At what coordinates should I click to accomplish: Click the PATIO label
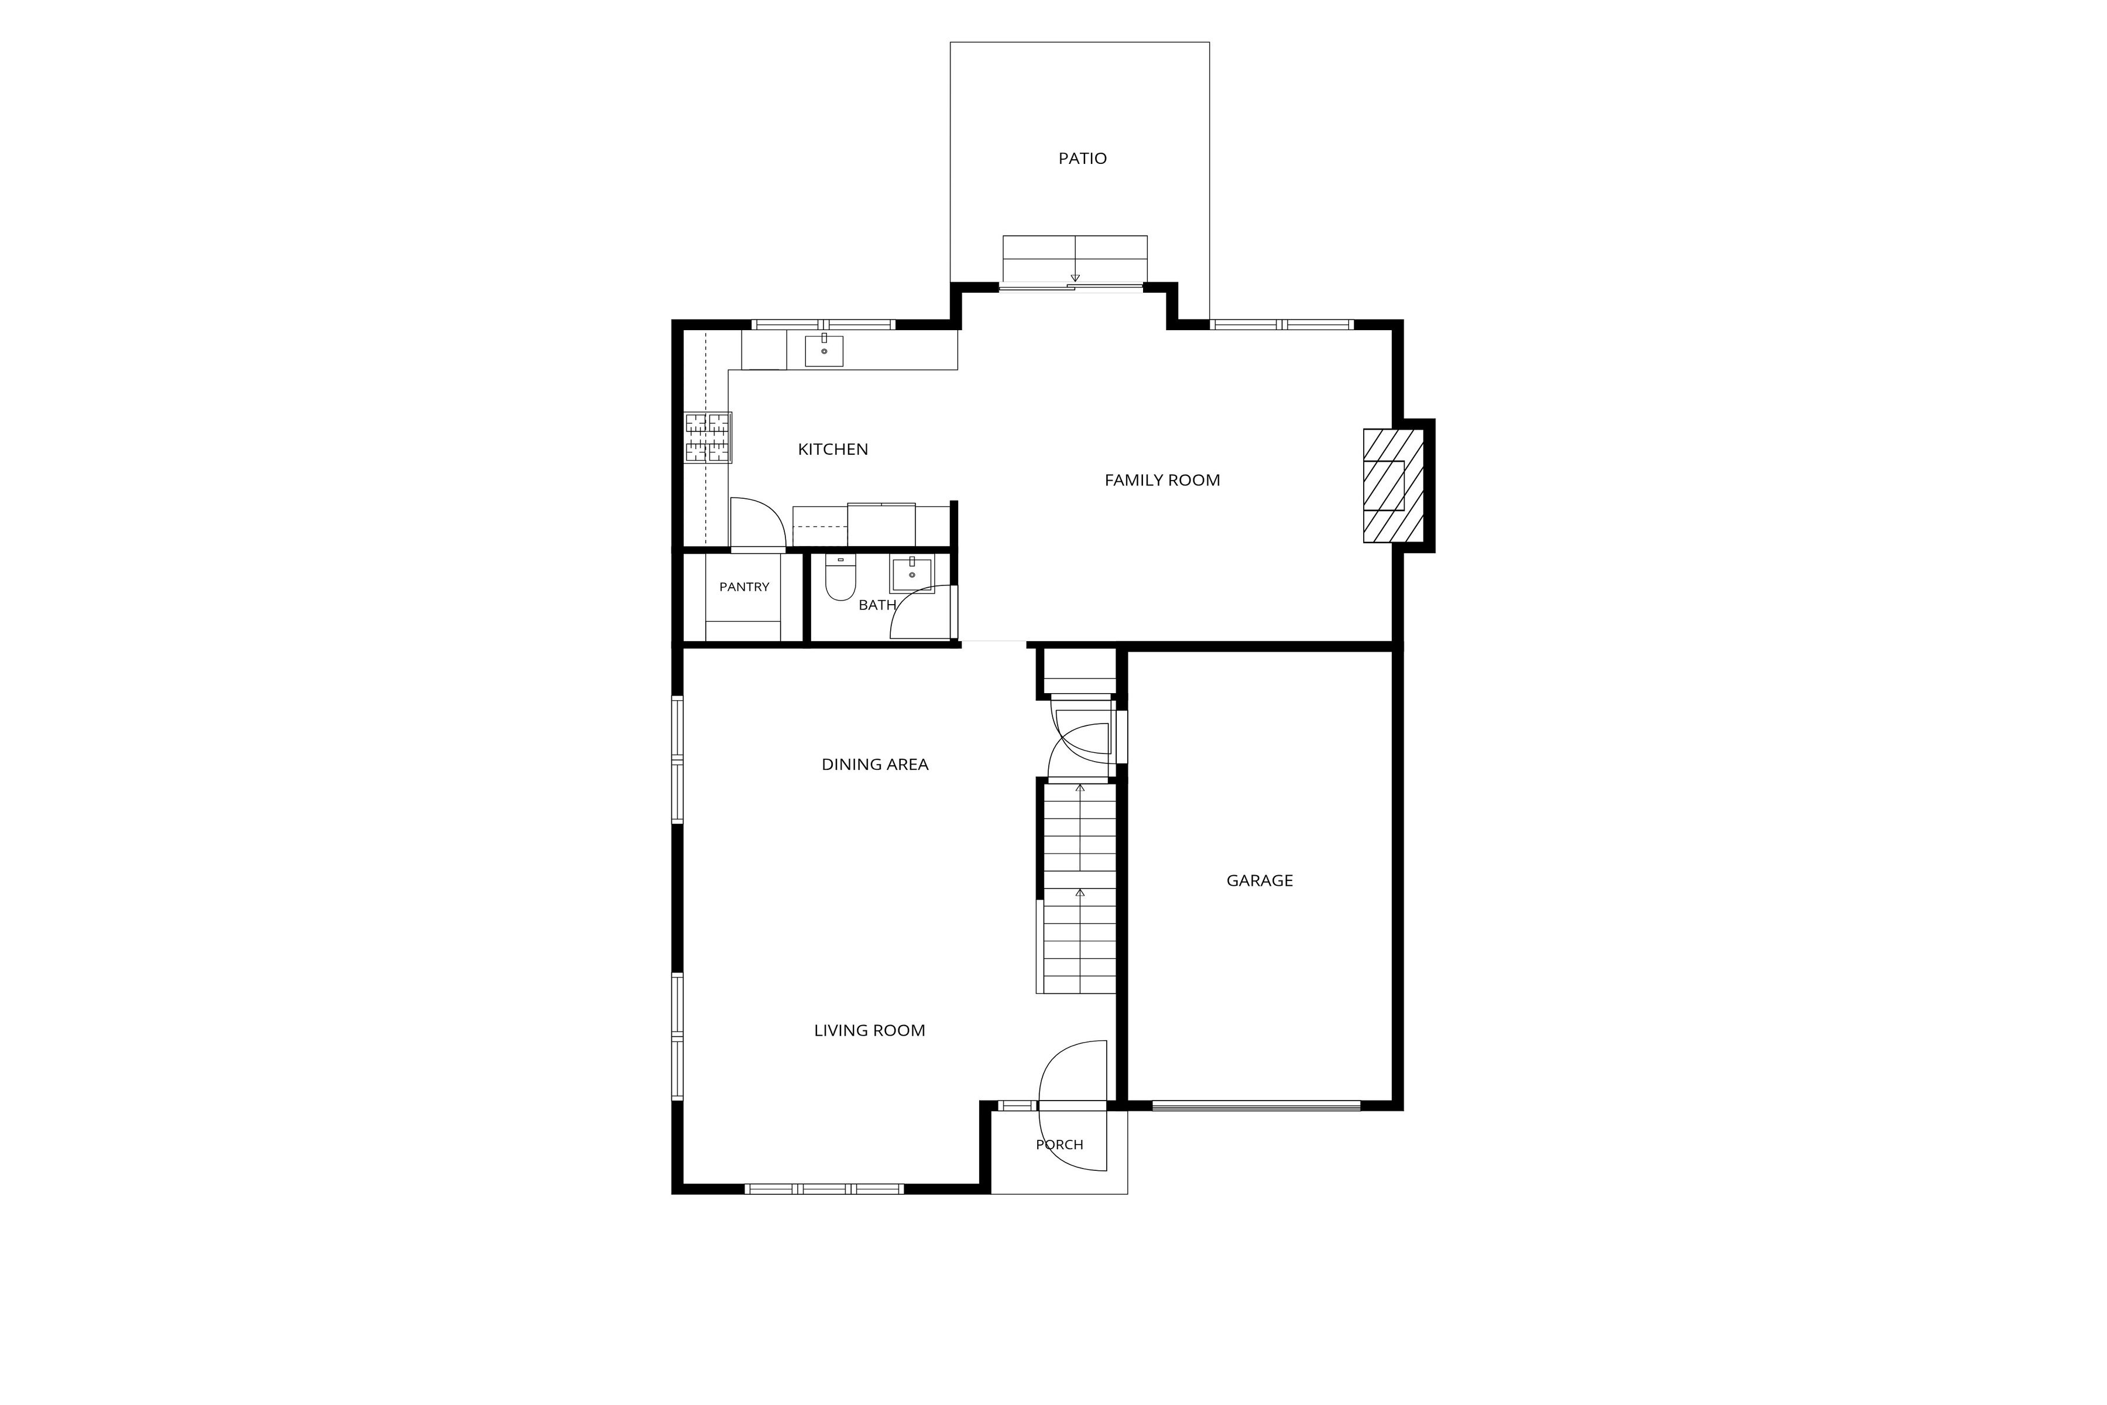click(x=1082, y=159)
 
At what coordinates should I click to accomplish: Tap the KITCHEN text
click(x=832, y=450)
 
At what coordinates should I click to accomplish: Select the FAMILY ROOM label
click(x=1162, y=480)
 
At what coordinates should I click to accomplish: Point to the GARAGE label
click(x=1260, y=881)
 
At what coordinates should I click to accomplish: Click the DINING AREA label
click(x=874, y=765)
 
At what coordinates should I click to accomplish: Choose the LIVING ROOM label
click(x=869, y=1030)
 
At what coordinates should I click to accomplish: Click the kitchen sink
click(x=823, y=349)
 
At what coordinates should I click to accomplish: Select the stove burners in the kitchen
click(x=708, y=437)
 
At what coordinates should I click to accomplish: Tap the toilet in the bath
click(x=840, y=578)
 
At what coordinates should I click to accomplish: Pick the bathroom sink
click(x=912, y=574)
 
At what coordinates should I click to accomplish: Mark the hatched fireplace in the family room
click(x=1393, y=486)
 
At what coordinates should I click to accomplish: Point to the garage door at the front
click(x=1256, y=1106)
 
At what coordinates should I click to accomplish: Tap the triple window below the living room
click(x=823, y=1189)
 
